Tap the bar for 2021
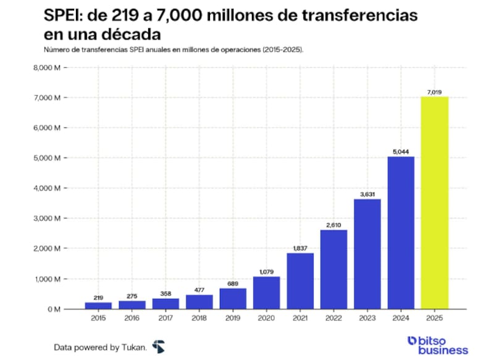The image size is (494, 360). [300, 281]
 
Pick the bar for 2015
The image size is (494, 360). [98, 305]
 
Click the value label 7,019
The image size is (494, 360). [434, 92]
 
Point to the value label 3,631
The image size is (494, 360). [367, 195]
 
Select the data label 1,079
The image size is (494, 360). [267, 272]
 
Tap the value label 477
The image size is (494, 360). [199, 290]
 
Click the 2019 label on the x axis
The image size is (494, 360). [233, 318]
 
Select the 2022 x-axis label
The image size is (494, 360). [333, 318]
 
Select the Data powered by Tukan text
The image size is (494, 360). [100, 346]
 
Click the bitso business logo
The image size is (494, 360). [438, 345]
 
